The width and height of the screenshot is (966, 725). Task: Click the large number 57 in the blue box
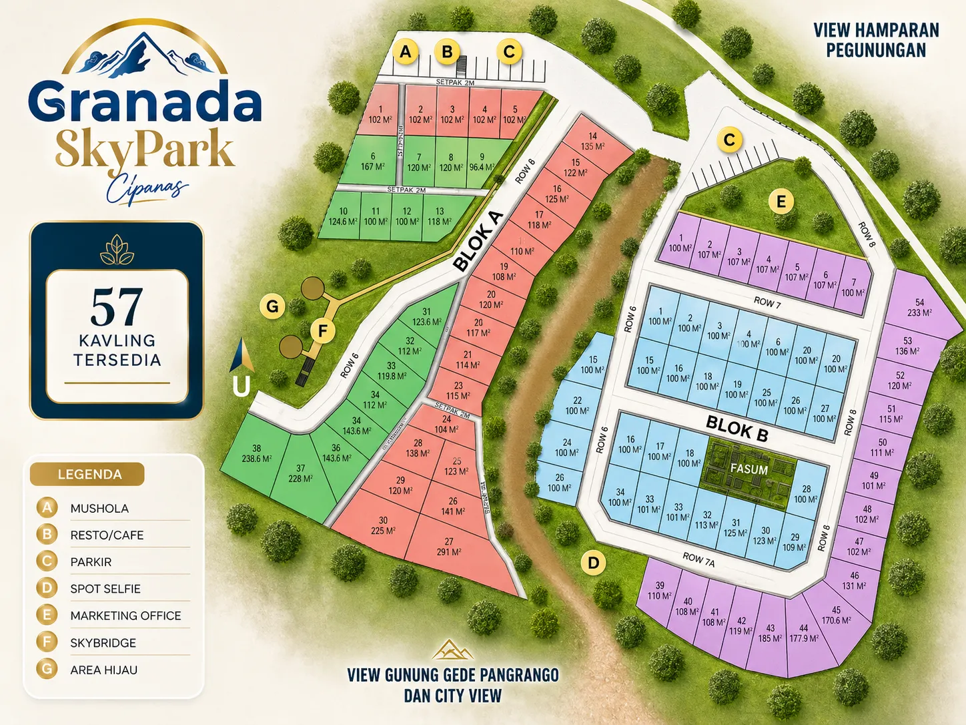[x=117, y=307]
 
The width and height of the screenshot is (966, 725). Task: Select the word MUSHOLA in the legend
[x=99, y=509]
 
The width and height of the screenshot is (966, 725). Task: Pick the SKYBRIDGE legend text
[x=103, y=643]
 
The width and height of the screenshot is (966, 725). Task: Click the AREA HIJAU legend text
[x=103, y=670]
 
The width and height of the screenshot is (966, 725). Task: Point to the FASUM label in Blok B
[x=749, y=469]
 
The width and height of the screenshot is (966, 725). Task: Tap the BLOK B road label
[x=737, y=428]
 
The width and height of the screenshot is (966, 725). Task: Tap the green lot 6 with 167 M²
[x=372, y=162]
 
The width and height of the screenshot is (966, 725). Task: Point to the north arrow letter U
[x=241, y=386]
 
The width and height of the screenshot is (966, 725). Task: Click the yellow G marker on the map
[x=272, y=306]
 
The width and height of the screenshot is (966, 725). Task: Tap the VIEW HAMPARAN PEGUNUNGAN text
[x=876, y=40]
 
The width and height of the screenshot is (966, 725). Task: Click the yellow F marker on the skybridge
[x=323, y=330]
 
